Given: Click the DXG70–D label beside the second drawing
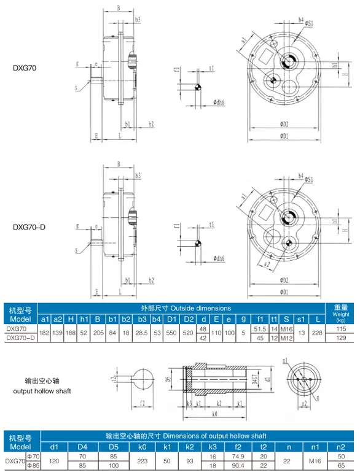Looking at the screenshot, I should (x=29, y=227).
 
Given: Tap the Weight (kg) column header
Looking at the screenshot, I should (x=341, y=314).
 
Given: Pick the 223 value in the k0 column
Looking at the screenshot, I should (x=142, y=460).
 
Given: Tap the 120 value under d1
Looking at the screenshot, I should (x=54, y=460).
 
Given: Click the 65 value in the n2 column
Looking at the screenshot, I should (x=342, y=465).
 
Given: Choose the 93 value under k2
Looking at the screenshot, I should (x=190, y=460).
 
